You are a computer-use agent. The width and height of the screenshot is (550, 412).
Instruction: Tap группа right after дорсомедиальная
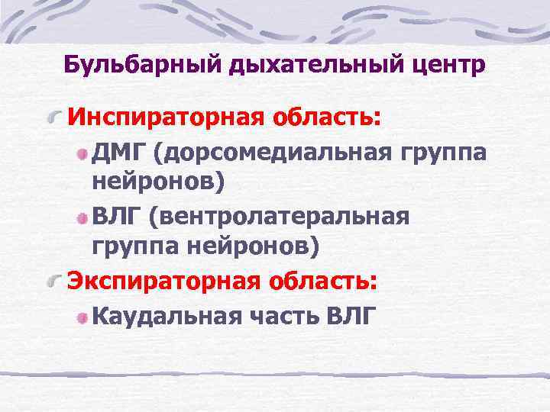[x=442, y=153]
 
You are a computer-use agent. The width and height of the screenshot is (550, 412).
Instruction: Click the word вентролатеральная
[x=278, y=216]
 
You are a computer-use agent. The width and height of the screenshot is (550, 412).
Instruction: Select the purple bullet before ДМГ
[x=82, y=154]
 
